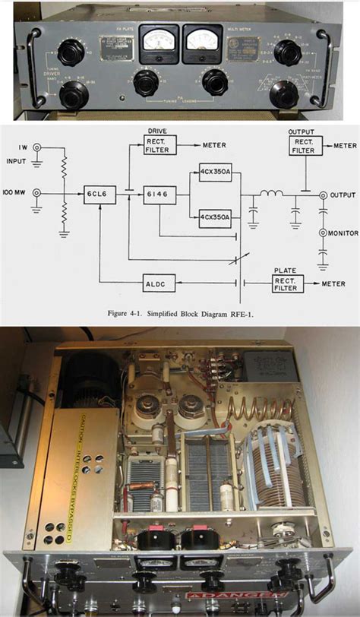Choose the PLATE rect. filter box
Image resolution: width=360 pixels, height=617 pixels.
point(289,281)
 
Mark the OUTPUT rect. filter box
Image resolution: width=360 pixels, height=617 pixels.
point(305,145)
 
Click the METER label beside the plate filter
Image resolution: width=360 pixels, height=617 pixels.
point(335,284)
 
